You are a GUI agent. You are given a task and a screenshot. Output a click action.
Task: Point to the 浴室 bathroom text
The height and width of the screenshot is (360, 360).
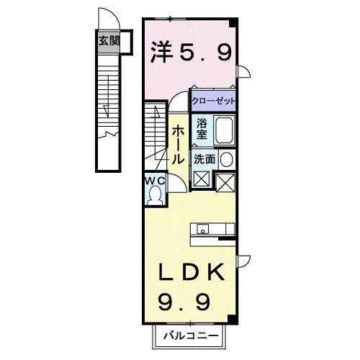(202, 128)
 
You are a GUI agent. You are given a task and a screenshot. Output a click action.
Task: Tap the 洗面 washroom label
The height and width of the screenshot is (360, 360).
(204, 159)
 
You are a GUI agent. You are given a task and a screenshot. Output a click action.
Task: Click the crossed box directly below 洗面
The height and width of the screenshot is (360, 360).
(201, 180)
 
